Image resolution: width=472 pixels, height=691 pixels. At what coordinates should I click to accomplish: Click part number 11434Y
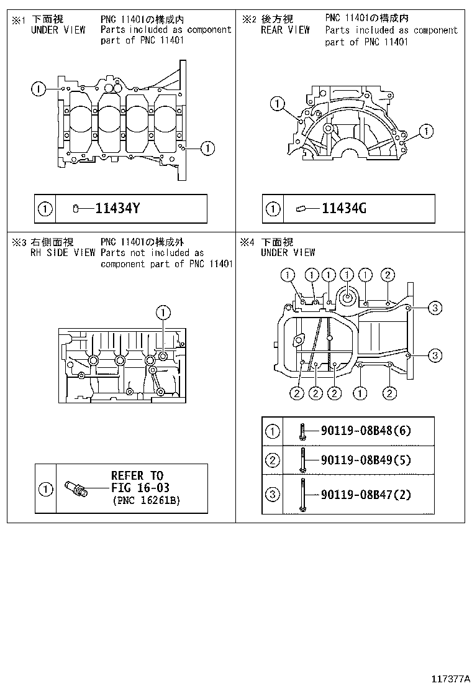pos(117,209)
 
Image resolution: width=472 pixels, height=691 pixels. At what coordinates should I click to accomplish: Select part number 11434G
pos(343,209)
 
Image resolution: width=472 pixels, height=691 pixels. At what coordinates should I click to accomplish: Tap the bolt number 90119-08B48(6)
pos(366,430)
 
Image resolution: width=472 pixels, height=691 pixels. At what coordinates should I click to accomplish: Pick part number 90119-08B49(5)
pos(366,460)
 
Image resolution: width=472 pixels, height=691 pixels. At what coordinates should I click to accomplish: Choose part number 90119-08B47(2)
pos(366,495)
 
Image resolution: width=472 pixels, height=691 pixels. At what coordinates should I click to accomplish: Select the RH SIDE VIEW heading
pos(63,253)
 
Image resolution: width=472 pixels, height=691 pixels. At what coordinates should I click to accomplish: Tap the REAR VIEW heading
pos(285,30)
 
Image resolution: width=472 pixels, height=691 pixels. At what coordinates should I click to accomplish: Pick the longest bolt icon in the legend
pos(302,495)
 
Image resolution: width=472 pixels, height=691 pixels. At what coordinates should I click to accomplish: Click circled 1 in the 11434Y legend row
pos(45,209)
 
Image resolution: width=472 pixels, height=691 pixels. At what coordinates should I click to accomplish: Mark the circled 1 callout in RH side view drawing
pos(163,311)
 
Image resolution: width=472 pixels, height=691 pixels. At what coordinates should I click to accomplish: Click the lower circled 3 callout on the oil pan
pos(435,355)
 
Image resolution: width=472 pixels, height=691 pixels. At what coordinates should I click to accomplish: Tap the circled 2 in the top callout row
pos(387,275)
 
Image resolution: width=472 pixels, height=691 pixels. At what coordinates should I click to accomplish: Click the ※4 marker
pos(247,242)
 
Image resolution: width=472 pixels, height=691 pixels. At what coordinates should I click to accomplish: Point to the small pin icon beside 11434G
pos(302,209)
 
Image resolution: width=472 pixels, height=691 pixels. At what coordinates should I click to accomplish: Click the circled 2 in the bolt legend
pos(272,460)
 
